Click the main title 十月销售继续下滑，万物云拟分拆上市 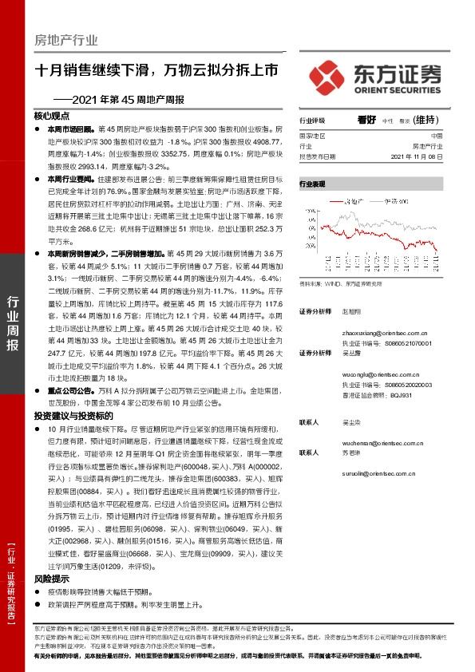156,69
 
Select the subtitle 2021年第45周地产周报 121,100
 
